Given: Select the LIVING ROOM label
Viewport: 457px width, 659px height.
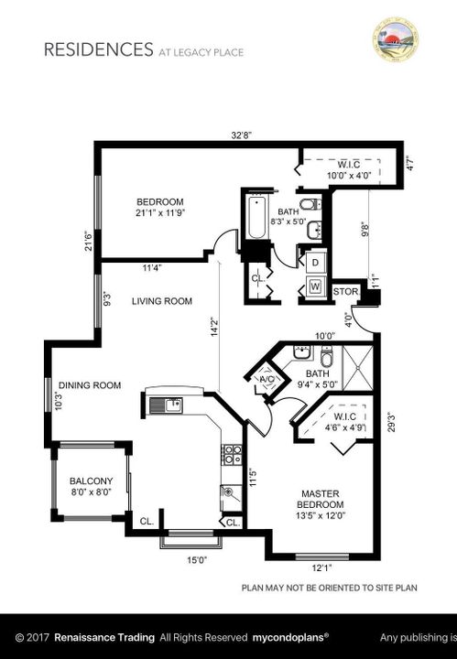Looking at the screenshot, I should pyautogui.click(x=160, y=301).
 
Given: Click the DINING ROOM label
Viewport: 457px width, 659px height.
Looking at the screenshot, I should pyautogui.click(x=90, y=385).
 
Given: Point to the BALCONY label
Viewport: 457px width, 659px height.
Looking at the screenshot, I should pyautogui.click(x=91, y=481).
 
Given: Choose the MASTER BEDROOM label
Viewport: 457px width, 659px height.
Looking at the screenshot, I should pyautogui.click(x=321, y=499).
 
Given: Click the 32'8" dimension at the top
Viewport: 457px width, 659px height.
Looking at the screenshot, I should pyautogui.click(x=242, y=135).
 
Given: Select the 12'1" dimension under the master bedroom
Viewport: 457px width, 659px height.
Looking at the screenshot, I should pyautogui.click(x=321, y=567).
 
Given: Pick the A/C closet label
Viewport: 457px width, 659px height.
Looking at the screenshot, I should pyautogui.click(x=267, y=380).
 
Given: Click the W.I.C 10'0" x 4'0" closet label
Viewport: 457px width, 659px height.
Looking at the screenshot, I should pyautogui.click(x=349, y=169).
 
